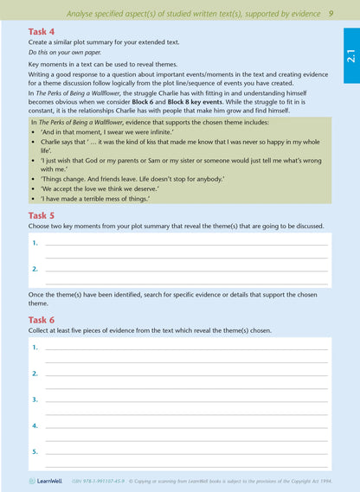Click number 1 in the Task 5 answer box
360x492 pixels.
point(35,243)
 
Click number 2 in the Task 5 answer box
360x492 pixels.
point(35,269)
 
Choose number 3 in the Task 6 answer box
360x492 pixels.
point(35,399)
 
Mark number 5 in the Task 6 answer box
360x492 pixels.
point(35,451)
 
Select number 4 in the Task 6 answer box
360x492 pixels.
point(35,425)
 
